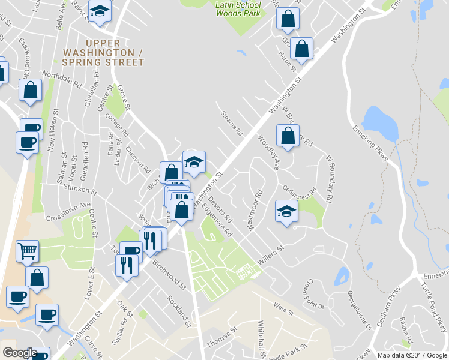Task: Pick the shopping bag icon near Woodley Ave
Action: pyautogui.click(x=288, y=134)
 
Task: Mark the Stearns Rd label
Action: pyautogui.click(x=232, y=122)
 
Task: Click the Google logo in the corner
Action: pyautogui.click(x=20, y=353)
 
